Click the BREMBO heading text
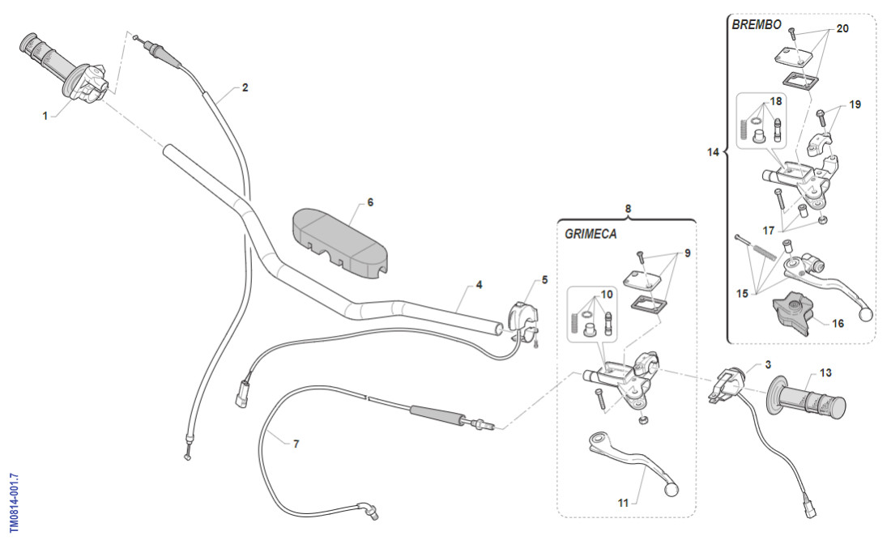757,25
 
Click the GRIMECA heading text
590,234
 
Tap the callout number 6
370,202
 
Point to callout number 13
825,373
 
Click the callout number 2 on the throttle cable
245,87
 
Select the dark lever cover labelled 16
792,314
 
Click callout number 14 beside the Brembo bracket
713,151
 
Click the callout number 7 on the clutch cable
296,444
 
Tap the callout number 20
842,28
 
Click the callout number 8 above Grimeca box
628,208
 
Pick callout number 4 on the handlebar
479,285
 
